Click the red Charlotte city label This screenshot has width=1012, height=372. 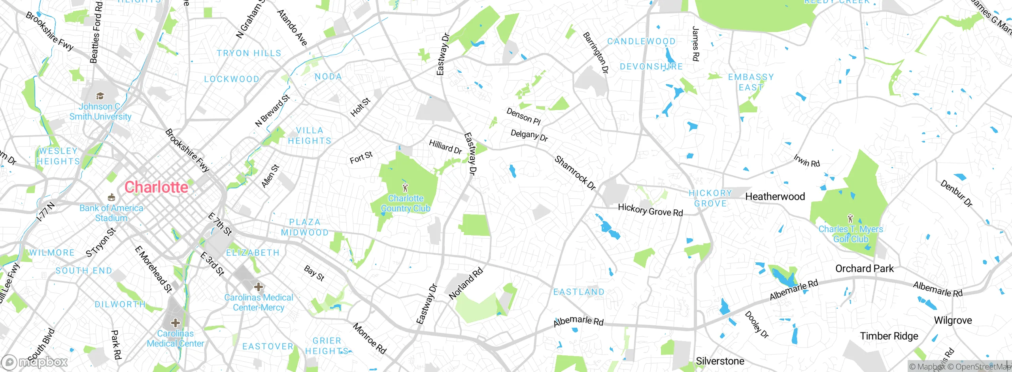(x=156, y=187)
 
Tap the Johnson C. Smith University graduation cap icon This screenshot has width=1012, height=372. (x=100, y=96)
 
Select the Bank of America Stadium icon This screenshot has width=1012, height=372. (x=111, y=197)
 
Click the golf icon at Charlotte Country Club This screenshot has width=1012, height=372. (x=405, y=187)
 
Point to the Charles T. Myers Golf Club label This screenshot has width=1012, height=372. (x=850, y=234)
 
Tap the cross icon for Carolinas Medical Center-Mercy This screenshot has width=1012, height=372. (x=259, y=287)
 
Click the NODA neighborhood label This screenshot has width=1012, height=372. (x=328, y=76)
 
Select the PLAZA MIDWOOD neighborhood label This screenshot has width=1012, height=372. (x=304, y=228)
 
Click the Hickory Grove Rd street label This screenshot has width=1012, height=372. (x=650, y=210)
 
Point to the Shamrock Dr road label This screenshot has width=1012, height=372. (x=575, y=173)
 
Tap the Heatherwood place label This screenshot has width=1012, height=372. (x=775, y=197)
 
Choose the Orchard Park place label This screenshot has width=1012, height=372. (x=864, y=269)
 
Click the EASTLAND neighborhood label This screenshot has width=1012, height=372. (x=579, y=292)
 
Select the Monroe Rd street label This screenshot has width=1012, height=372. (x=369, y=339)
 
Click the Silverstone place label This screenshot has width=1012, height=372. (x=720, y=361)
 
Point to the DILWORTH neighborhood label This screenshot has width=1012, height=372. (x=120, y=304)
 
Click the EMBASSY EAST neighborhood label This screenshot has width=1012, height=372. (x=751, y=82)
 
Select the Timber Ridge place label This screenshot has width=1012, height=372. (x=889, y=336)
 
